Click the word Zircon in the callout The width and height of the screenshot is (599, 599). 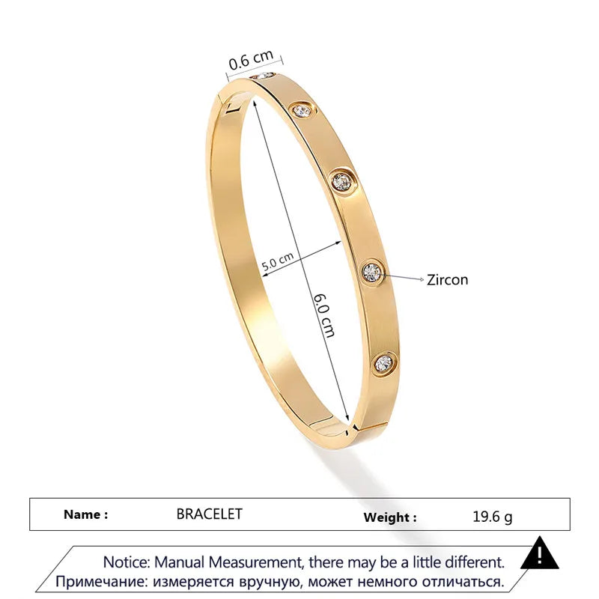tap(447, 279)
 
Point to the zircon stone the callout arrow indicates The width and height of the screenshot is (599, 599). tap(372, 270)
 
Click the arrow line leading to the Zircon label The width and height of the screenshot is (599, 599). tap(403, 276)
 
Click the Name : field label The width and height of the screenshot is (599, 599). tap(85, 514)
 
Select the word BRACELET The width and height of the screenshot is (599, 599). tap(210, 514)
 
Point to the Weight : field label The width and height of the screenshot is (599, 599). tap(390, 517)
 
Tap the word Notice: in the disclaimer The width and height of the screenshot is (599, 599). tap(128, 561)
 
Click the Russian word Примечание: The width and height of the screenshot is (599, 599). tap(102, 580)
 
